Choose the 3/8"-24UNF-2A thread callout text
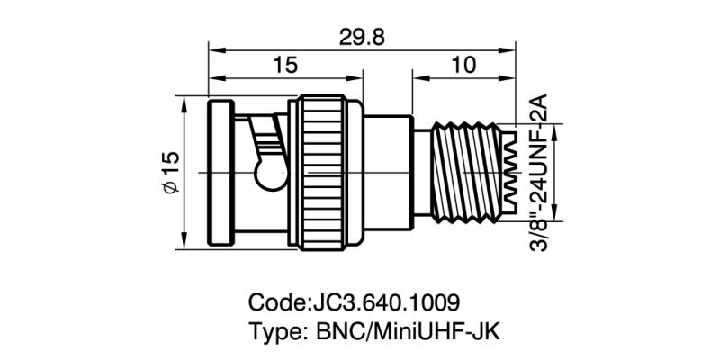[x=539, y=171]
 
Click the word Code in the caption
[x=274, y=300]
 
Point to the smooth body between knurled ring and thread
[x=387, y=171]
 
